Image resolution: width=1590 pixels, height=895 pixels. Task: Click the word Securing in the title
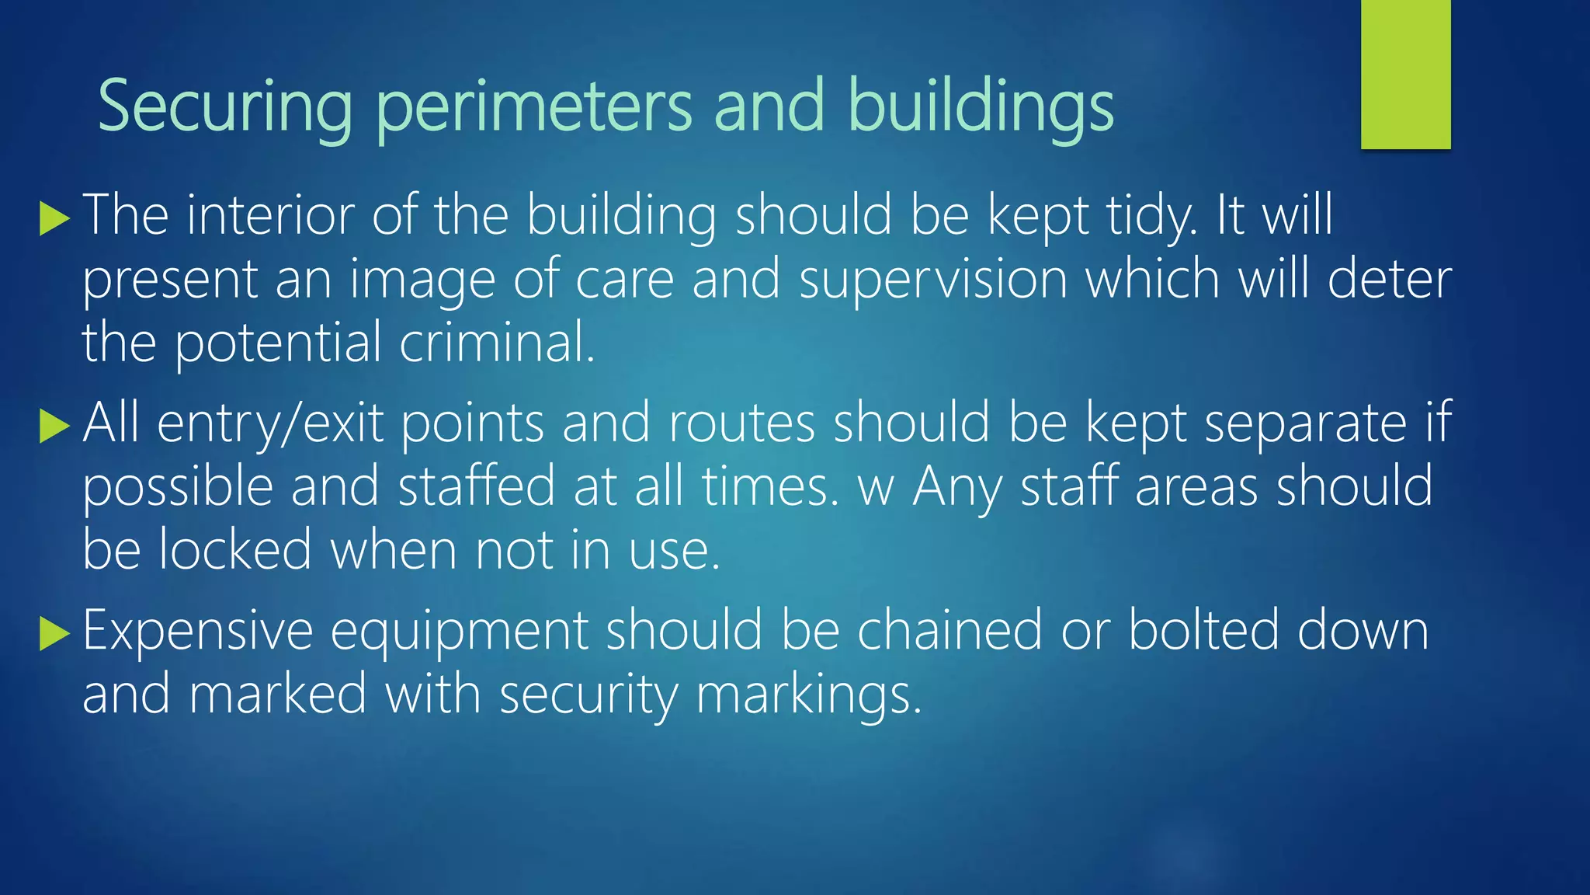tap(224, 107)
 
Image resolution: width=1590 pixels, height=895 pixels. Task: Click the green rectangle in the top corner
tap(1405, 75)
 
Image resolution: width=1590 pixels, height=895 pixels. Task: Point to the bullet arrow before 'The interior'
tap(54, 218)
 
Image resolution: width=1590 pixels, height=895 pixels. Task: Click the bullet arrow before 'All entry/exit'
tap(54, 427)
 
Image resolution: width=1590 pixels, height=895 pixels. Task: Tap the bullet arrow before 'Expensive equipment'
tap(54, 634)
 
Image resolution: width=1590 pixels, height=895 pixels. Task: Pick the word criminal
tap(497, 342)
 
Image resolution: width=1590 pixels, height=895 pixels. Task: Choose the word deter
tap(1390, 279)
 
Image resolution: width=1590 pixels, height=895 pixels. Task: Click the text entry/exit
tap(270, 424)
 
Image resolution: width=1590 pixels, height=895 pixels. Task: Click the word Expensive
tap(197, 631)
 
